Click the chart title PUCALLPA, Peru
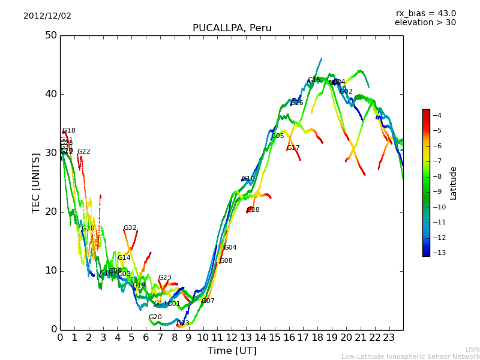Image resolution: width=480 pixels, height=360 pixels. tap(232, 28)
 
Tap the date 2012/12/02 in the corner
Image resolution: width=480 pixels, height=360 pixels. tap(47, 16)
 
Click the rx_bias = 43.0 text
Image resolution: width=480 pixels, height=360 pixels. tap(425, 14)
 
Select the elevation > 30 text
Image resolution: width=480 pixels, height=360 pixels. tap(425, 23)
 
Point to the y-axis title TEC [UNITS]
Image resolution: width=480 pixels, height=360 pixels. tap(36, 182)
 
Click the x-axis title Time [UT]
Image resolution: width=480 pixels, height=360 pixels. tap(232, 350)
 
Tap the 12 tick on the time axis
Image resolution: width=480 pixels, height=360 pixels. tap(232, 338)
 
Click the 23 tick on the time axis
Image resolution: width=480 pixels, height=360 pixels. tap(389, 338)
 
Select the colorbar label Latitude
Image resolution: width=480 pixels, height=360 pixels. tap(454, 183)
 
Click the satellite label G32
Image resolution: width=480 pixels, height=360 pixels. tap(130, 228)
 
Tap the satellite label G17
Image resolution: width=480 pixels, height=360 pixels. tap(293, 148)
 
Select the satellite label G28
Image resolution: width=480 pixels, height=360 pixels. tap(253, 210)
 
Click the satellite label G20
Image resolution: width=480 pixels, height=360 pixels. tap(155, 317)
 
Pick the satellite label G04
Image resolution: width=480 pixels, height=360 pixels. tap(230, 248)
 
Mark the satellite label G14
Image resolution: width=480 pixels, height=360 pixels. tap(124, 258)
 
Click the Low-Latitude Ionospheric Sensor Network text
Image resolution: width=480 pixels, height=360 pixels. tap(410, 357)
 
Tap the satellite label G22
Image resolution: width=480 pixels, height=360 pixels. tap(83, 152)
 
